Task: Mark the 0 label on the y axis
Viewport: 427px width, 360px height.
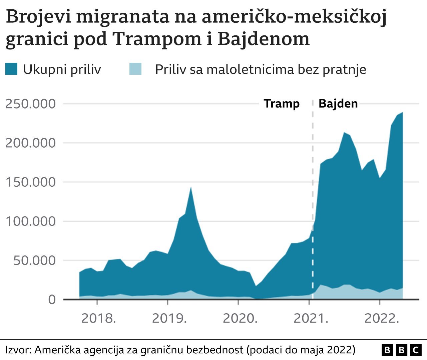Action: click(x=52, y=300)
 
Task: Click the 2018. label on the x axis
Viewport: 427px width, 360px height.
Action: click(x=99, y=318)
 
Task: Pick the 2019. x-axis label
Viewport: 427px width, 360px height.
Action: click(x=169, y=318)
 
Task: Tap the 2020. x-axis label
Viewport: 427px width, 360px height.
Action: click(x=240, y=318)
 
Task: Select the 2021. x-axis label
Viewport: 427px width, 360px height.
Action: click(x=311, y=318)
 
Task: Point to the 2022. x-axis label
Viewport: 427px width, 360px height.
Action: click(x=382, y=318)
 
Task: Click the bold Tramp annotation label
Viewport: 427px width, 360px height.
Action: click(x=282, y=104)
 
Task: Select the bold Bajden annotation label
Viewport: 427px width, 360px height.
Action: click(x=338, y=104)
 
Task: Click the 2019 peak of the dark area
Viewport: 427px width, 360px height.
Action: click(x=190, y=188)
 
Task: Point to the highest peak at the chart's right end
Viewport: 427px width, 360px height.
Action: click(x=402, y=113)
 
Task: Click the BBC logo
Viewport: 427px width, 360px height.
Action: click(x=401, y=350)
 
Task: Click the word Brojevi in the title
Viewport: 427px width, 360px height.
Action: click(x=38, y=17)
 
